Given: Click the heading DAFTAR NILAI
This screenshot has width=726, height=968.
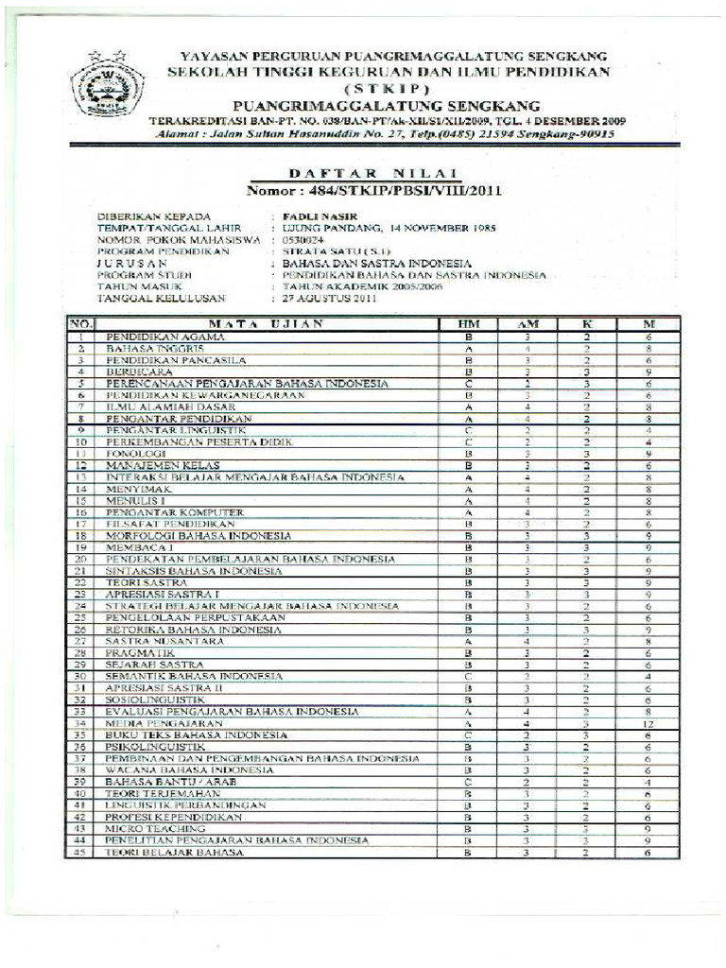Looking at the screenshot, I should pyautogui.click(x=372, y=173).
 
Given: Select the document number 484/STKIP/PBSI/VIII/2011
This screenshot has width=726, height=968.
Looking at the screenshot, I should pyautogui.click(x=373, y=190).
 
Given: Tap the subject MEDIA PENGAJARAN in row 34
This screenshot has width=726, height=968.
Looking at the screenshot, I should pyautogui.click(x=151, y=722).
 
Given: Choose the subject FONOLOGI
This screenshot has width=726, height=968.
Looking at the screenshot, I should pyautogui.click(x=130, y=453).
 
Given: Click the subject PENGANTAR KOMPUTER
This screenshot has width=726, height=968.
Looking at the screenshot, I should pyautogui.click(x=161, y=511).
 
